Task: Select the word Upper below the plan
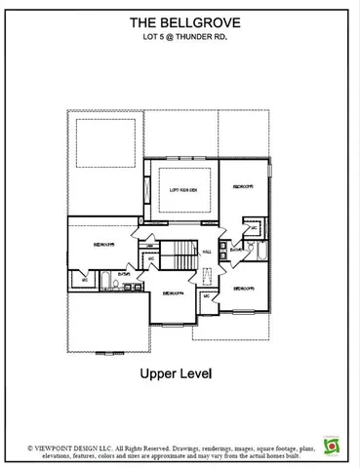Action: pyautogui.click(x=157, y=372)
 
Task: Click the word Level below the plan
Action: pyautogui.click(x=195, y=372)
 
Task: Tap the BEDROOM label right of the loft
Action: pyautogui.click(x=243, y=185)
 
